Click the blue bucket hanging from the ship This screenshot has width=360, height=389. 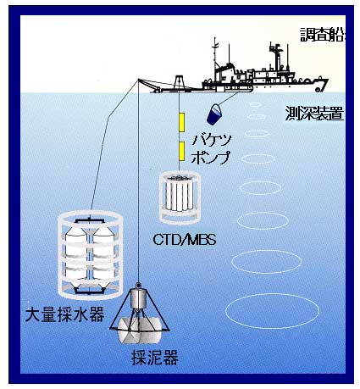[214, 114]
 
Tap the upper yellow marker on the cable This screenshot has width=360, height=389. [182, 122]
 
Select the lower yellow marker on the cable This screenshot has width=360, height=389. [182, 152]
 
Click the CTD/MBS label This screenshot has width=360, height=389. [185, 240]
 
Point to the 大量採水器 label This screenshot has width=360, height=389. [65, 314]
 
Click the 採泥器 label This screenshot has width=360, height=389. [155, 358]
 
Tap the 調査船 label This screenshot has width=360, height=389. [323, 35]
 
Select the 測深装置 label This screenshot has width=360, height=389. [314, 114]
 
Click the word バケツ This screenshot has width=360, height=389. [212, 140]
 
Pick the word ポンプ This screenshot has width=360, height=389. [211, 157]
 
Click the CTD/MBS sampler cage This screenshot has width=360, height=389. [180, 197]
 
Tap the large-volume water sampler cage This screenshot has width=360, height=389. [90, 255]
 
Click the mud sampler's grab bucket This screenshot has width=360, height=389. [140, 331]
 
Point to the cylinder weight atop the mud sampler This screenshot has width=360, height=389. [138, 298]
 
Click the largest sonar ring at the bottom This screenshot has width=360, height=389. [272, 311]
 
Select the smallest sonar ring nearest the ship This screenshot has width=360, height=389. [255, 104]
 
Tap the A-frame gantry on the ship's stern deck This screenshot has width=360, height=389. [179, 82]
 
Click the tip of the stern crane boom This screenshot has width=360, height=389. [138, 80]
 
